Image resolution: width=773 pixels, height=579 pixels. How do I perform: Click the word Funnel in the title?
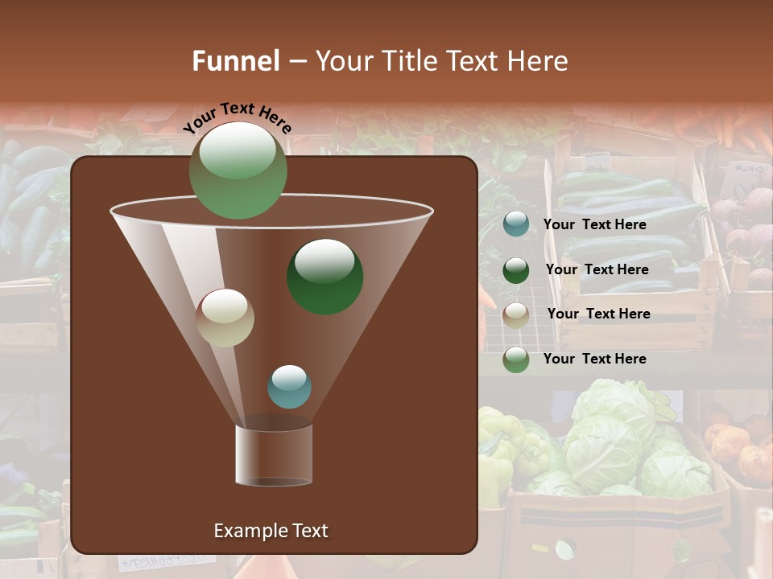tap(235, 61)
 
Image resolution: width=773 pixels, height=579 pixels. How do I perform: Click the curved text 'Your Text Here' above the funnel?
tap(237, 117)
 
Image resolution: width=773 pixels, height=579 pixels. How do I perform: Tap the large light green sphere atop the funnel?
tap(238, 170)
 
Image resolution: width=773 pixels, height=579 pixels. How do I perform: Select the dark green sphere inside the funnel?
tap(325, 276)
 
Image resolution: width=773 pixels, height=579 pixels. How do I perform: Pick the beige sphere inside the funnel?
tap(225, 318)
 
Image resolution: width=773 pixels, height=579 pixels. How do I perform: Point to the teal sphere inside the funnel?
tap(289, 386)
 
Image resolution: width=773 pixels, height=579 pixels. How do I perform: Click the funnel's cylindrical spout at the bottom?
tap(274, 455)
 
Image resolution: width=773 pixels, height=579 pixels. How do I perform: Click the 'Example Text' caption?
tap(271, 531)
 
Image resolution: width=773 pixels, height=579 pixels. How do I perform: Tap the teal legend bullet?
tap(516, 224)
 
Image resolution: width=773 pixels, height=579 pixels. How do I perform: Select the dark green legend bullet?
tap(516, 270)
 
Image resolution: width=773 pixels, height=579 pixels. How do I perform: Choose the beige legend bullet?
tap(516, 314)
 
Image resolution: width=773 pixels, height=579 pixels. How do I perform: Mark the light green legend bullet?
tap(516, 359)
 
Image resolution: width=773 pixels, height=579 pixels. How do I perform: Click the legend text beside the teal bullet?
tap(594, 225)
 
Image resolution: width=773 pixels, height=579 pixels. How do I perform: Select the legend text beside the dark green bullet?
tap(597, 269)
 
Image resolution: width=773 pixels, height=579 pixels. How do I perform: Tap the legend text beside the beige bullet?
tap(598, 314)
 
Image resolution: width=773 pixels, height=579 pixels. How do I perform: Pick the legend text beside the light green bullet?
tap(594, 359)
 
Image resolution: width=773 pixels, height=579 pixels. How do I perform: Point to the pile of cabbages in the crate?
tap(620, 438)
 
